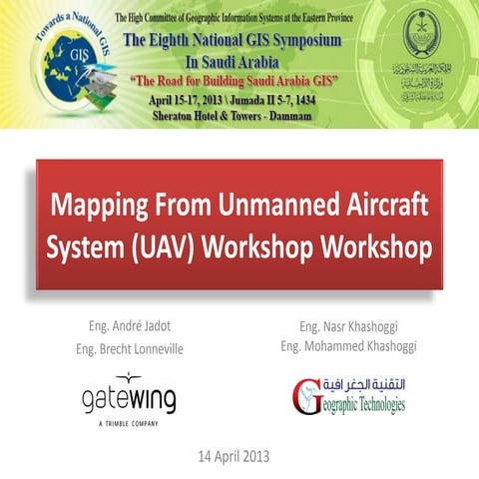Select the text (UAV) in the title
click(170, 246)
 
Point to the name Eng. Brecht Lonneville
click(130, 348)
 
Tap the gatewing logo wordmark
click(129, 400)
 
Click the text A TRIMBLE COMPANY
click(128, 423)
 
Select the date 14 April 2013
click(237, 456)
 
